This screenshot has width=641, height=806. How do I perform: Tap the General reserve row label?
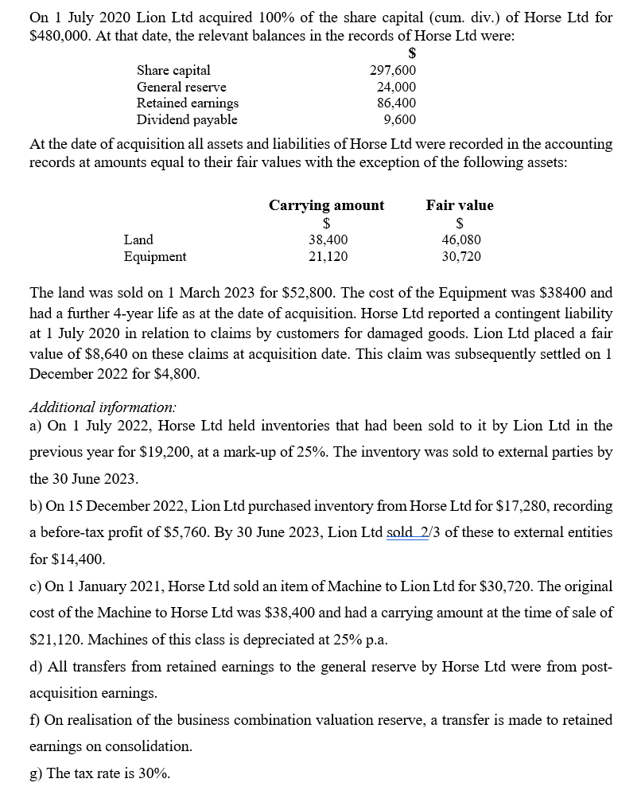pos(181,87)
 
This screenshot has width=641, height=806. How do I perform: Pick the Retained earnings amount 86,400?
pos(396,103)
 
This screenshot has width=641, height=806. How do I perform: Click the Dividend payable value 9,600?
pos(399,120)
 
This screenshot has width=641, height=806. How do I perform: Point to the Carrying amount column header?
pos(326,205)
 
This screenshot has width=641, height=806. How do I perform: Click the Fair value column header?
pos(460,205)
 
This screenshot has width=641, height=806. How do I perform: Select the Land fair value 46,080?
pos(461,239)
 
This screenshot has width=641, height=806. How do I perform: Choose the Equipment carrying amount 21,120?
pos(328,256)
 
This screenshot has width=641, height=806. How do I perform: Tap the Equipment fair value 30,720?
pos(461,256)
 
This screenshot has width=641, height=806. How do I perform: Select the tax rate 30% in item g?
pos(153,773)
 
